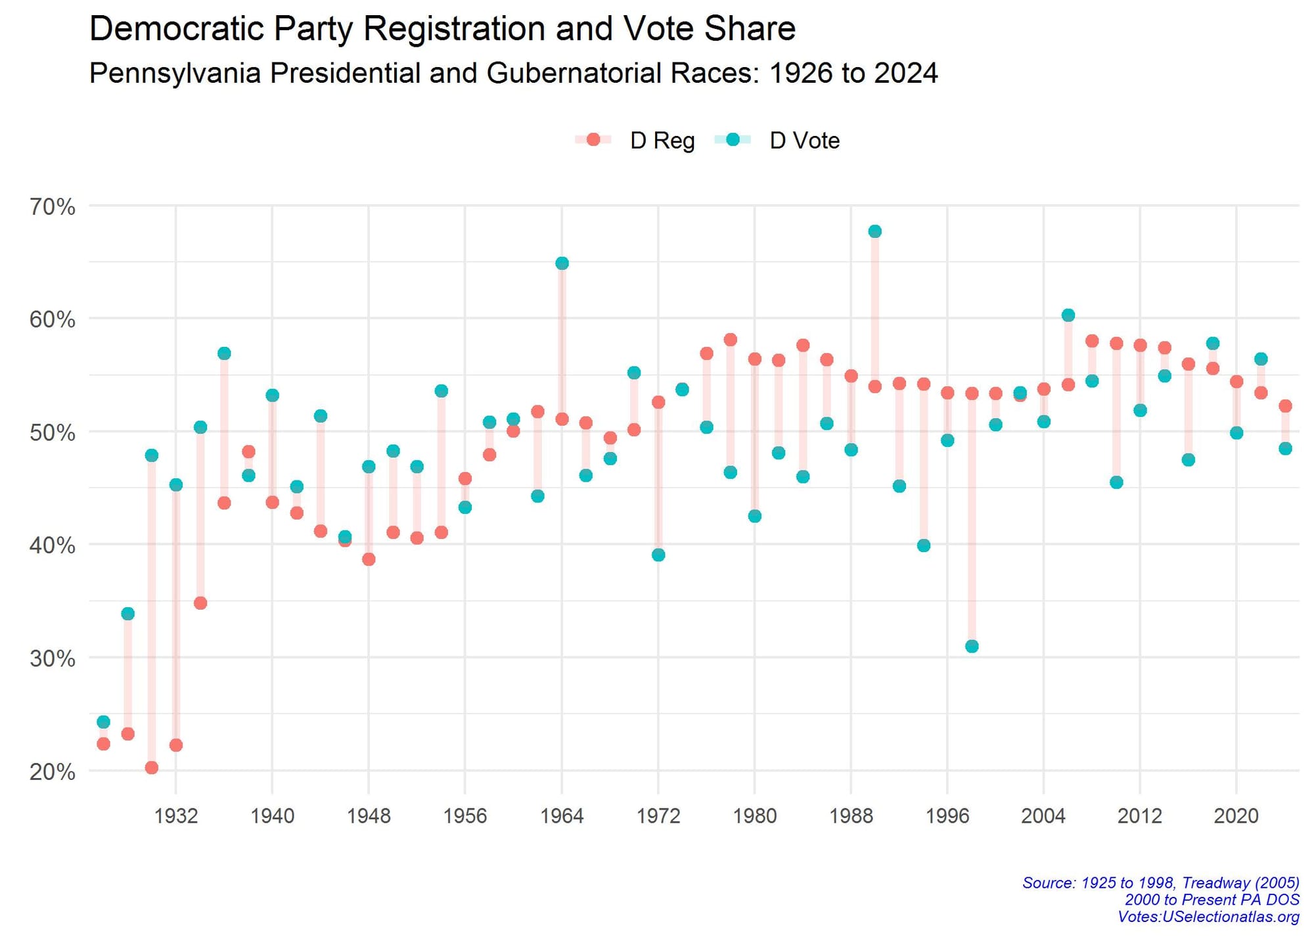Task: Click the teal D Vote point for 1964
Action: tap(562, 263)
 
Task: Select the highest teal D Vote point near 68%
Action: tap(874, 231)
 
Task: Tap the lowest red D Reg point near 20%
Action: tap(151, 767)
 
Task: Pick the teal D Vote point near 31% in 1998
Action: tap(972, 647)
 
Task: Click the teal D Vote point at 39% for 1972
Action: tap(658, 555)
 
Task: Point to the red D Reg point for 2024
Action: tap(1285, 406)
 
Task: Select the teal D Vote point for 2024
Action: tap(1285, 449)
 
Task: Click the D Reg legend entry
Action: tap(662, 141)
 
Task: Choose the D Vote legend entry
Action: tap(804, 141)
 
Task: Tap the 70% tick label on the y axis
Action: tap(53, 207)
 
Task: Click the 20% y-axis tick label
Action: tap(53, 771)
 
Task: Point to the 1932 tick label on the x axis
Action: tap(175, 816)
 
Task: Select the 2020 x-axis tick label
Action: tap(1236, 816)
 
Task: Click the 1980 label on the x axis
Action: tap(754, 816)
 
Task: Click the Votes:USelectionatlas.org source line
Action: tap(1208, 917)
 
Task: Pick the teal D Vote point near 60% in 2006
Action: tap(1068, 315)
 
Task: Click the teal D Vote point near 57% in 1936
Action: tap(224, 354)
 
